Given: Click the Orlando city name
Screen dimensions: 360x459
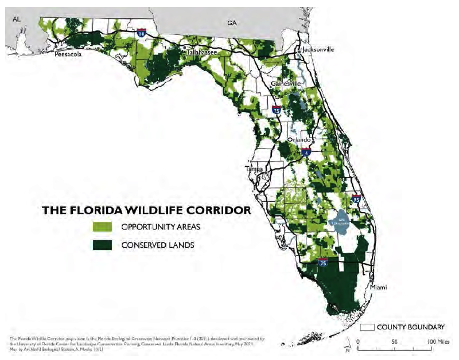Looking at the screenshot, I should [x=299, y=139].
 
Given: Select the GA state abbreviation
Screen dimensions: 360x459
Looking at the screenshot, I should [x=231, y=22].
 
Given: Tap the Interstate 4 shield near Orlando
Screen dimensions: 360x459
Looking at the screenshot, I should [x=306, y=152].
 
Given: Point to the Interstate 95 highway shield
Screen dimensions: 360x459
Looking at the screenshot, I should [x=357, y=199].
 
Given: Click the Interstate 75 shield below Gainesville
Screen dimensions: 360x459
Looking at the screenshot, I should [x=277, y=109].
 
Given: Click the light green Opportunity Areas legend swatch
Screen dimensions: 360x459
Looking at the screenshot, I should [x=103, y=226].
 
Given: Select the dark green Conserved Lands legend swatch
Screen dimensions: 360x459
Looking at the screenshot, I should [x=103, y=245].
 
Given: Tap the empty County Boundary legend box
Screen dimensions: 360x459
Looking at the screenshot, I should [x=367, y=327].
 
